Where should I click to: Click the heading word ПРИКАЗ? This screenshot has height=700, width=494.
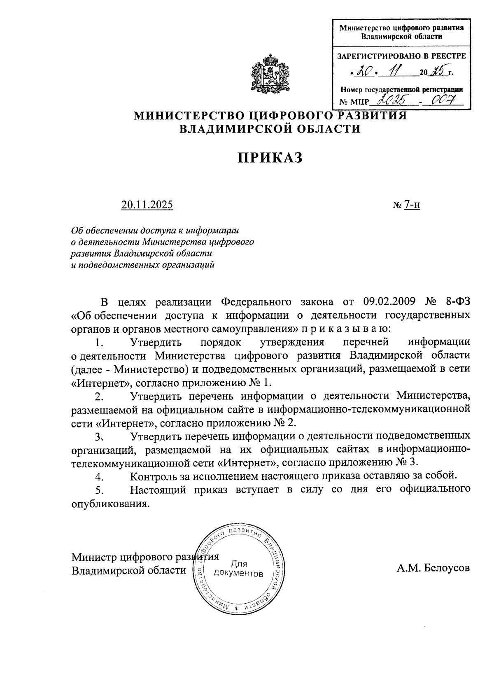[x=270, y=157]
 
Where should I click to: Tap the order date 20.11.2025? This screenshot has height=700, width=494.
[x=147, y=205]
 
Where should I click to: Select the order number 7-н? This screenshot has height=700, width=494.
[x=412, y=205]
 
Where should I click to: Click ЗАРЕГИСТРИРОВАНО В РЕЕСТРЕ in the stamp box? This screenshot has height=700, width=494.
[x=401, y=56]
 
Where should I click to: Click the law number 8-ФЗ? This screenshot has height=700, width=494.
[x=458, y=302]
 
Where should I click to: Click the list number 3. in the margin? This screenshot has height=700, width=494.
[x=98, y=436]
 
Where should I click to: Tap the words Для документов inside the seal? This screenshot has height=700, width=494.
[x=238, y=568]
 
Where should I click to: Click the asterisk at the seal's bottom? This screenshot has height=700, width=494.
[x=236, y=608]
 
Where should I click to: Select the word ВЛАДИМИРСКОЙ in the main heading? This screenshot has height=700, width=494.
[x=232, y=129]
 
